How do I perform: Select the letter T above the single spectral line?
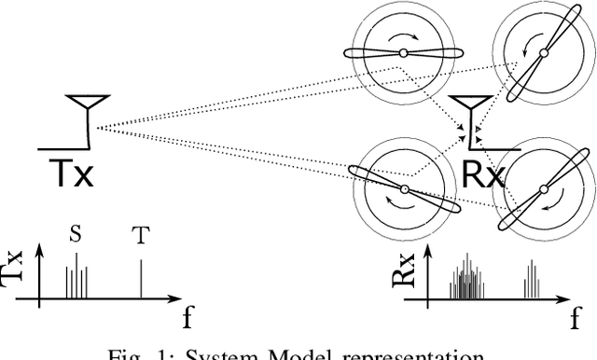(141, 235)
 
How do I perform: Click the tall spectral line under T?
(141, 280)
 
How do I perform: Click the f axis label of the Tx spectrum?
(187, 319)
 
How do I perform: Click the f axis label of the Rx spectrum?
(575, 319)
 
